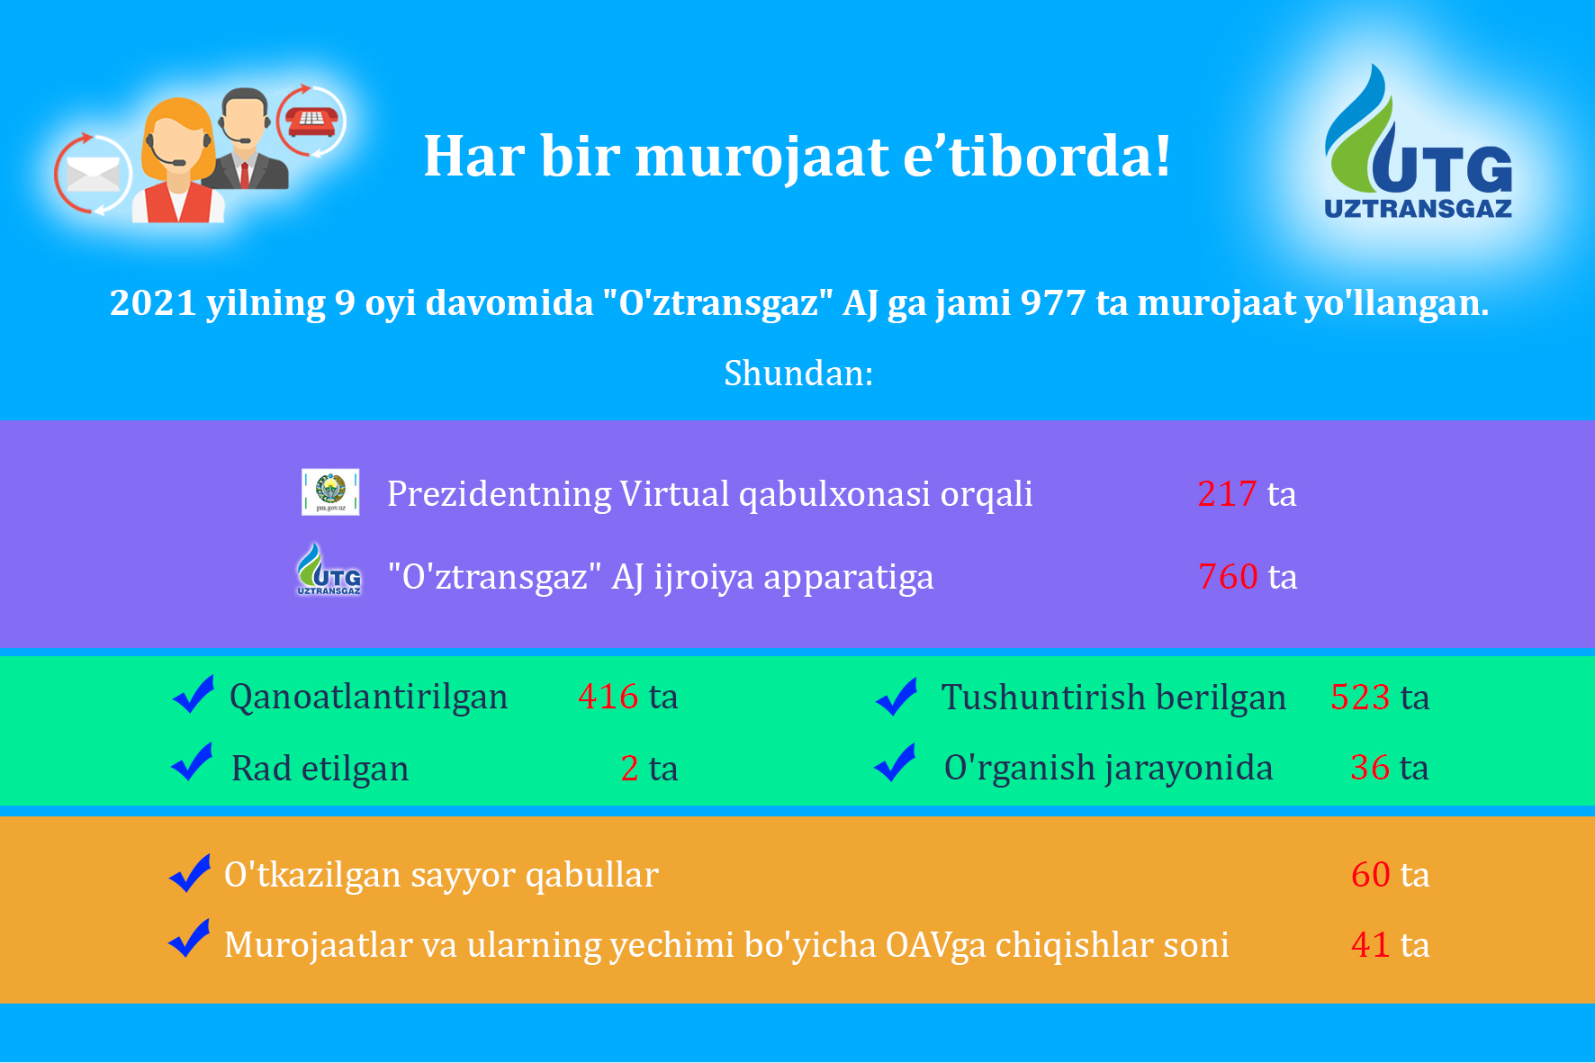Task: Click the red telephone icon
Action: [x=311, y=120]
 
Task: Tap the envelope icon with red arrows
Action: [x=92, y=175]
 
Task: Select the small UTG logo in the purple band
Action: [x=329, y=569]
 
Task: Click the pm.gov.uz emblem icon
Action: [x=330, y=491]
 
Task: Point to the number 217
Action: [x=1227, y=494]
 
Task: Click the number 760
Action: [x=1228, y=577]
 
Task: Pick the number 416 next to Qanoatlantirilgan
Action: [x=608, y=697]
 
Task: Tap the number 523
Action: [x=1361, y=698]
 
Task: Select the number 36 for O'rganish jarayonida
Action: [x=1370, y=768]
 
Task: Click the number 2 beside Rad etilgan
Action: [x=630, y=769]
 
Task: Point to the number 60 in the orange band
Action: [x=1371, y=875]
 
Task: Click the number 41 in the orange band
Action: [x=1371, y=945]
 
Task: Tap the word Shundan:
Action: [x=798, y=373]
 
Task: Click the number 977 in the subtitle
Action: [x=1053, y=303]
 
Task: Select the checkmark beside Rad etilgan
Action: [x=192, y=761]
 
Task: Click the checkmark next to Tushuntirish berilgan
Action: [x=897, y=697]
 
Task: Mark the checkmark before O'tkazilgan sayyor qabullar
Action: [x=190, y=873]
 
